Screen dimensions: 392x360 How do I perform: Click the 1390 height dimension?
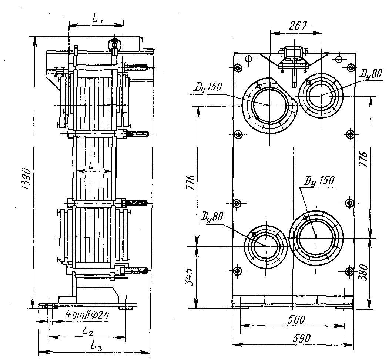click(26, 179)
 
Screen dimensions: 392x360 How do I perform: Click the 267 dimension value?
click(298, 26)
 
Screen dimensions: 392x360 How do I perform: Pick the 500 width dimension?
click(296, 320)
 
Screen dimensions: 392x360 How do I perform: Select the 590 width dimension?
click(302, 338)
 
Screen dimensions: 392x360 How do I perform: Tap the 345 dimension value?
click(189, 277)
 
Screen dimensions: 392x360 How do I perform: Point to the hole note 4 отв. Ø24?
click(87, 315)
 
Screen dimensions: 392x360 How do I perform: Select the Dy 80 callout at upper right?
click(371, 74)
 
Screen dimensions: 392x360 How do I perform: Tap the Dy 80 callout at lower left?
click(212, 217)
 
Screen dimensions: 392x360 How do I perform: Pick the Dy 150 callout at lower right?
click(319, 181)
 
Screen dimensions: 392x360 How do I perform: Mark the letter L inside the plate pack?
click(91, 165)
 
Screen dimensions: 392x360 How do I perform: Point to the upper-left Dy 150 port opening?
click(269, 105)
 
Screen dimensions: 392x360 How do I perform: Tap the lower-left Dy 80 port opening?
click(265, 246)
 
